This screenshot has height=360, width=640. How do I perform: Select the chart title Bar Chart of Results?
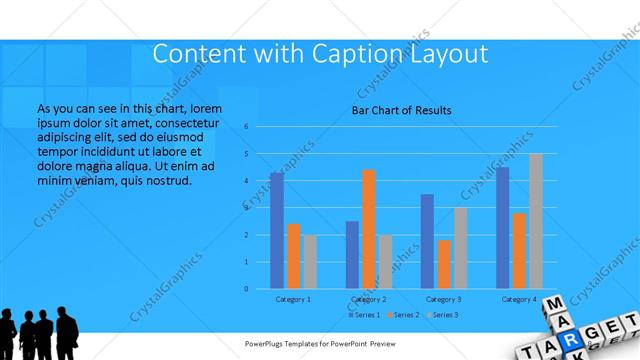click(x=402, y=110)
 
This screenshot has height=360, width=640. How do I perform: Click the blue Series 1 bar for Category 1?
click(x=276, y=231)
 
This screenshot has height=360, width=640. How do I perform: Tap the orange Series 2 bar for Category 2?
click(x=368, y=229)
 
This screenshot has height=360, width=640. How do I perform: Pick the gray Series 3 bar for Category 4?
click(x=535, y=221)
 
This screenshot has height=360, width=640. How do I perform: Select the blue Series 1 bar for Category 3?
click(x=427, y=241)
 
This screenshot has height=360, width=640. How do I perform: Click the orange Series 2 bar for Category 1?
click(x=293, y=256)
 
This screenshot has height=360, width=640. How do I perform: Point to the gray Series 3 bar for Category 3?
click(x=460, y=248)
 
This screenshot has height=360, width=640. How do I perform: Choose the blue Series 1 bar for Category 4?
click(x=502, y=228)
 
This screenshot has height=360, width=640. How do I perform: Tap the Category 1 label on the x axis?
click(x=293, y=299)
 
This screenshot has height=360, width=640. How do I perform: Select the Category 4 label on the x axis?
click(x=519, y=299)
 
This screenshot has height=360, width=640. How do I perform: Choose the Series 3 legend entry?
click(x=442, y=314)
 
